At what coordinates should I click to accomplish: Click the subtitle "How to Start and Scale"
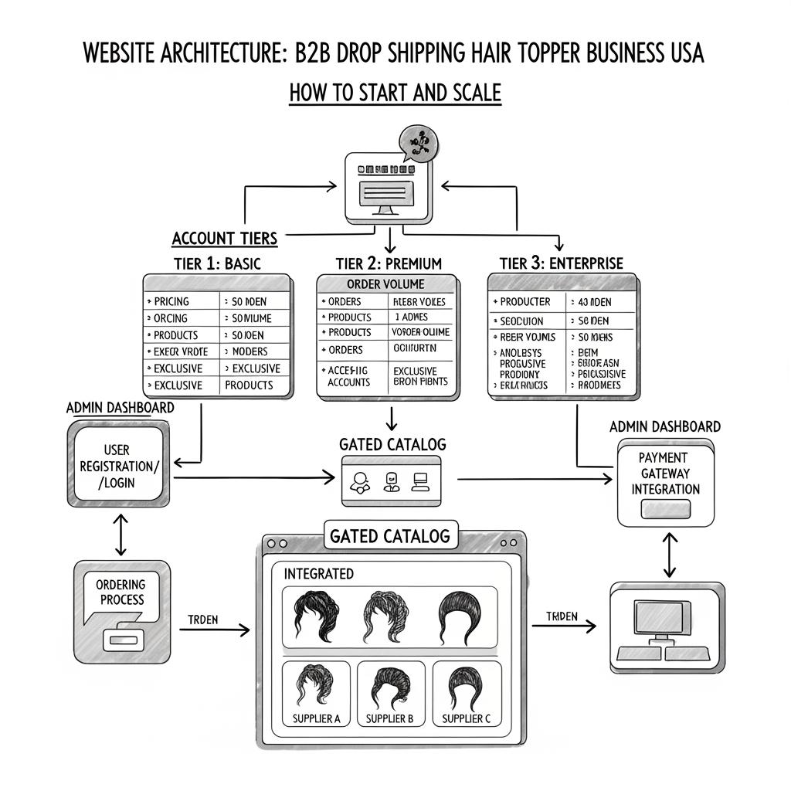click(395, 93)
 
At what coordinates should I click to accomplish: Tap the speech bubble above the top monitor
click(417, 143)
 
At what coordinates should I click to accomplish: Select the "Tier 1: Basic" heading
click(216, 263)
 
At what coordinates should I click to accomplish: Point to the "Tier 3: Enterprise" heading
click(561, 263)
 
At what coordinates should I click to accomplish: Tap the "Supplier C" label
click(466, 719)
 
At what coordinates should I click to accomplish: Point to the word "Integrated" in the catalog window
click(319, 574)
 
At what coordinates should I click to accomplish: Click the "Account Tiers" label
click(224, 238)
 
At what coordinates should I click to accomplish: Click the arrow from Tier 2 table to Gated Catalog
click(392, 417)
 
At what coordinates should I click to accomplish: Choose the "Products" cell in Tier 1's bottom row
click(249, 385)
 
